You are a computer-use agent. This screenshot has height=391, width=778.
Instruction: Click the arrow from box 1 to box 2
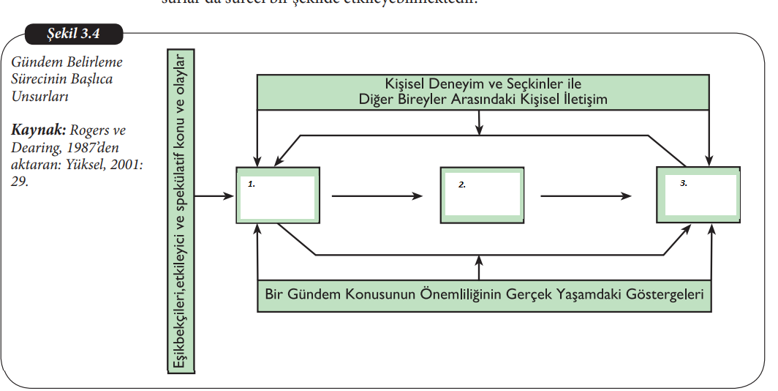pos(377,196)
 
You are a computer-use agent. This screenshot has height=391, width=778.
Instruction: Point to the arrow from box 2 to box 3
pos(586,196)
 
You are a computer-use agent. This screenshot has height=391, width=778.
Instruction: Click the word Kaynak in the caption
pos(37,130)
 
